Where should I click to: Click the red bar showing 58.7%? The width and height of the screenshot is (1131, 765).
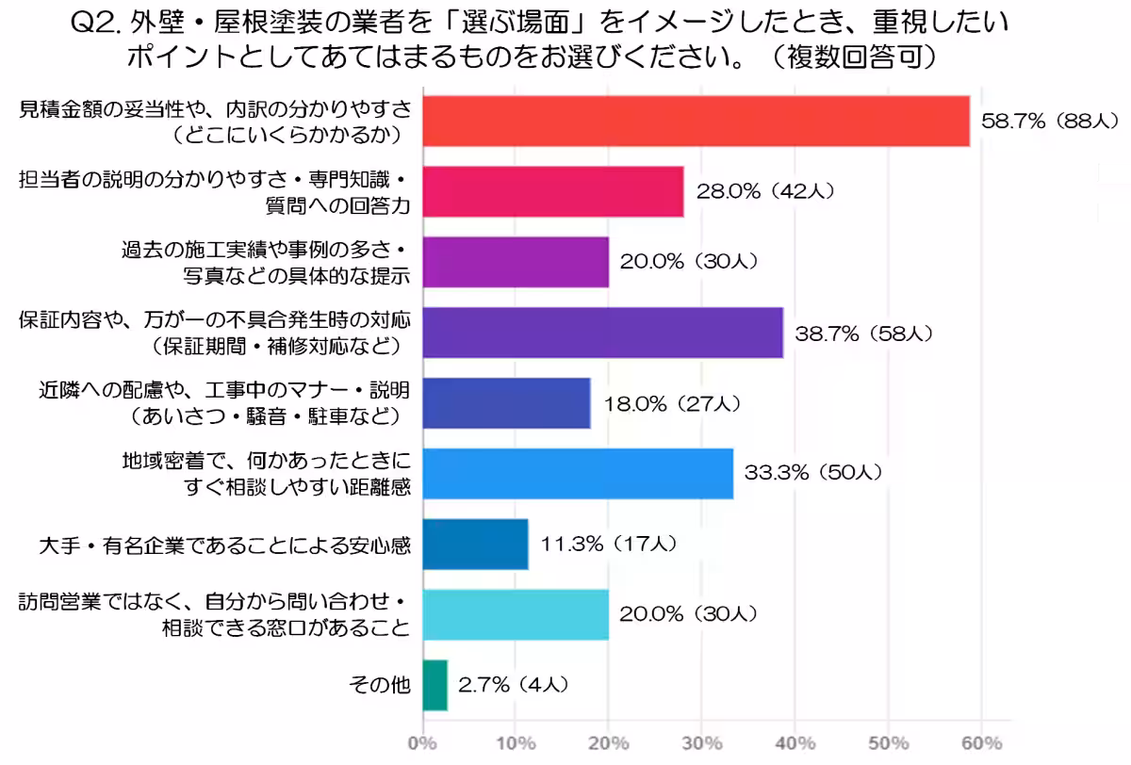[x=696, y=122]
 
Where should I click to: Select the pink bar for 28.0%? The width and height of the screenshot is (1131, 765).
[x=552, y=191]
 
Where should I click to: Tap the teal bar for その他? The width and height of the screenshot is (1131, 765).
[x=434, y=685]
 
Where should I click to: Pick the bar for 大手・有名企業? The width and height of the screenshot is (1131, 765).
[x=475, y=545]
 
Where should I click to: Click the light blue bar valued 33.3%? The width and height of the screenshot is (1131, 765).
[x=577, y=473]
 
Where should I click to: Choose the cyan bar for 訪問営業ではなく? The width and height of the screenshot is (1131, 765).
[x=515, y=614]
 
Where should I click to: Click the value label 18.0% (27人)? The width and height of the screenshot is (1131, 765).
[x=671, y=403]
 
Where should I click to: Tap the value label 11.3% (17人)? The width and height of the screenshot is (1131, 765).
[x=609, y=545]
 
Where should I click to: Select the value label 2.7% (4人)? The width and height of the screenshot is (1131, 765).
[x=514, y=685]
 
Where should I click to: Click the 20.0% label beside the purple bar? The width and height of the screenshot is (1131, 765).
[x=689, y=262]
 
